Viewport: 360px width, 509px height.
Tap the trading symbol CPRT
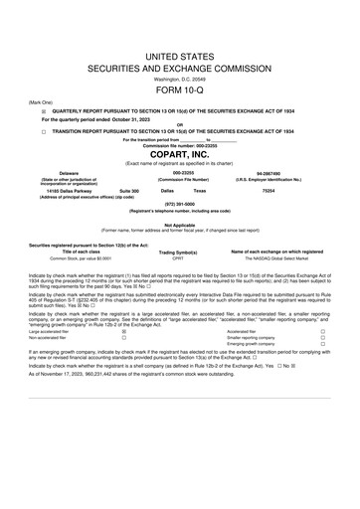pos(179,257)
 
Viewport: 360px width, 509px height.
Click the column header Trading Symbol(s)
pos(179,252)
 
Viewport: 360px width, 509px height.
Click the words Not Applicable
pos(179,225)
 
